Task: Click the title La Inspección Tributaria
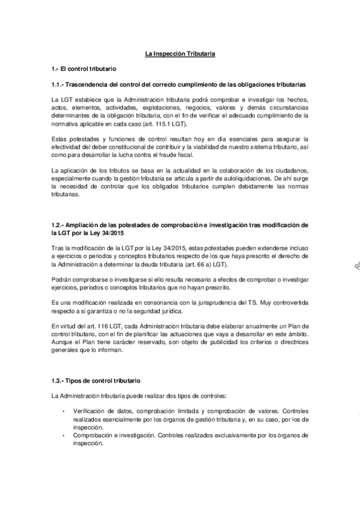180,55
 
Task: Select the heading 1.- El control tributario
84,70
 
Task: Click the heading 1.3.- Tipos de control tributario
96,381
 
